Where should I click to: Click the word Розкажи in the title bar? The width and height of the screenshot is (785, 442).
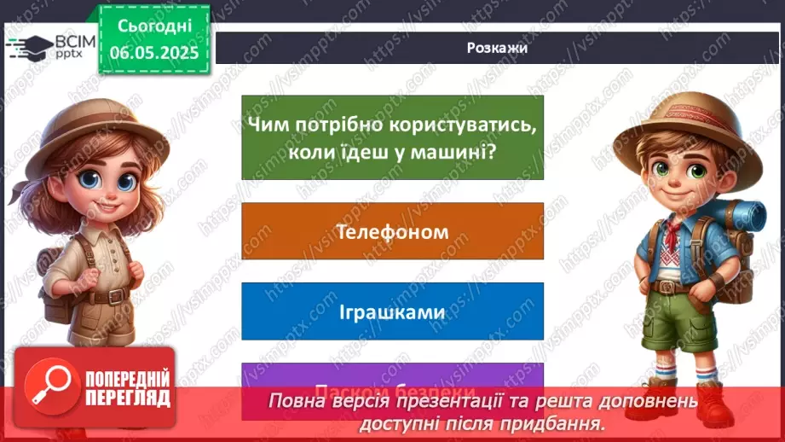(x=497, y=48)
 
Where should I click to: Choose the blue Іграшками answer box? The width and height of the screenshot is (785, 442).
(x=392, y=311)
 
